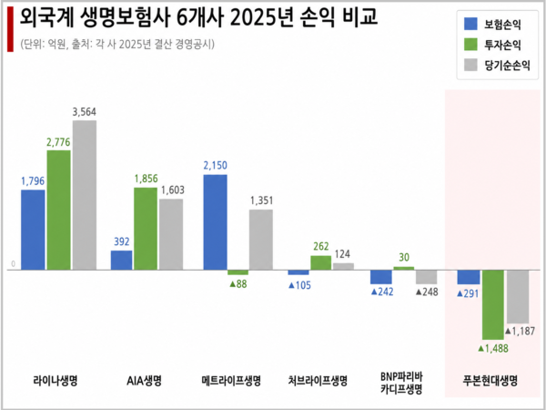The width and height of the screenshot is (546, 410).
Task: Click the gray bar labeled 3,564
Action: coord(84,195)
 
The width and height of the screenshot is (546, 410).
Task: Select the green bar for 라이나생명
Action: coord(58,210)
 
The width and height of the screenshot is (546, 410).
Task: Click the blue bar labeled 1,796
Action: coord(33,230)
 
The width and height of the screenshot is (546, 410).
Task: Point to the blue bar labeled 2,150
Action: coord(215,221)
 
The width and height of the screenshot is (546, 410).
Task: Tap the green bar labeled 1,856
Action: coord(146,229)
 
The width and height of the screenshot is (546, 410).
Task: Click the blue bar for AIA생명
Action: coord(121,260)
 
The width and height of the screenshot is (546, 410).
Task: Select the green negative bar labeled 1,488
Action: coord(493,304)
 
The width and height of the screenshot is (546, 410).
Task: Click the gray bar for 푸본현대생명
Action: coord(518,296)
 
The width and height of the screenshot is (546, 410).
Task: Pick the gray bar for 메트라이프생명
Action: coord(260,239)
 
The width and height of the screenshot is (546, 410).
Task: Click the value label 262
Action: coord(320,247)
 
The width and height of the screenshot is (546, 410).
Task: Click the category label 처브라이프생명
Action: coord(318,380)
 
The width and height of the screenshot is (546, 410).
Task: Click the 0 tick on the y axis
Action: coord(13,265)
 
